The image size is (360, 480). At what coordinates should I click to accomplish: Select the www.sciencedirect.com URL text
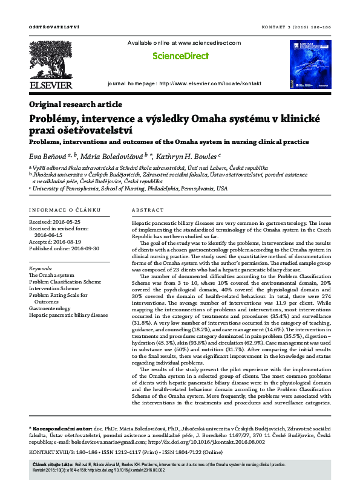[206, 43]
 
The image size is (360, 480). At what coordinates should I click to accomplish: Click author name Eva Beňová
[47, 156]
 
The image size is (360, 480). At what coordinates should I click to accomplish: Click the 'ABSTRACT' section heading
[147, 210]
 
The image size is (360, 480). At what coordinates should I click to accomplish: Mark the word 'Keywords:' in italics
[41, 268]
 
